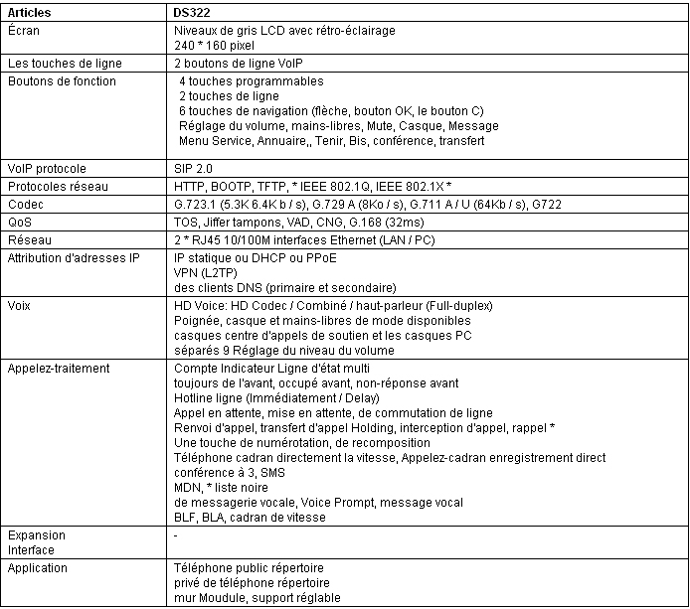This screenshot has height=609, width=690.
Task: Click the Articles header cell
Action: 29,14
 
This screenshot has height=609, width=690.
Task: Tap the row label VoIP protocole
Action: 48,169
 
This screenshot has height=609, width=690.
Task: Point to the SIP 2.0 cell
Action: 194,169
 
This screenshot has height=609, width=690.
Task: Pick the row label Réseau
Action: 29,239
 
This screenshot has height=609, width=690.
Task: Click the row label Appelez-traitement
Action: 59,369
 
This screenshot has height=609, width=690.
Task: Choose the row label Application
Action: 38,568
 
